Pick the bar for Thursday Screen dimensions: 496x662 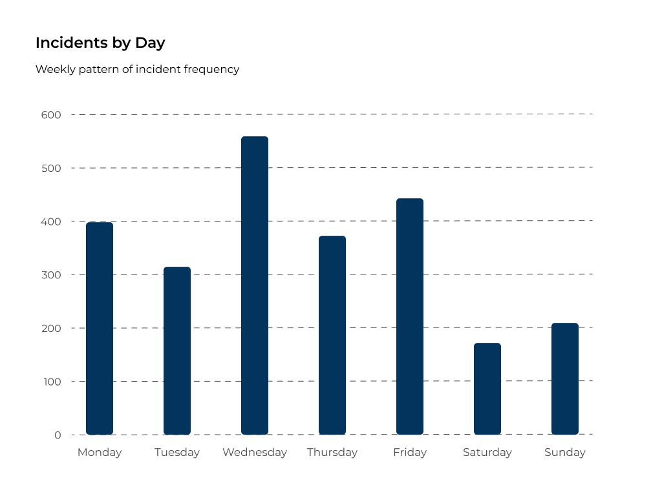coord(332,335)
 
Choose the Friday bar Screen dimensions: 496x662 coord(410,316)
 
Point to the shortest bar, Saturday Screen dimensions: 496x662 coord(487,389)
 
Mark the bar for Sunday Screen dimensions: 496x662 coord(565,378)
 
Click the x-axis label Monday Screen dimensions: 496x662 coord(100,452)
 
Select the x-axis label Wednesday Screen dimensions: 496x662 coord(255,452)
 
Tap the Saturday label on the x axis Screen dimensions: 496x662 coord(487,452)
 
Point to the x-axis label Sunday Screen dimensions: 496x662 coord(565,452)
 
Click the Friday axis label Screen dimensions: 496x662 coord(410,452)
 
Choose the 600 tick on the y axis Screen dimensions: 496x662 coord(52,115)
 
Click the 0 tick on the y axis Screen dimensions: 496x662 coord(58,435)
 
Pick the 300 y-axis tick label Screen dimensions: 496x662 coord(52,275)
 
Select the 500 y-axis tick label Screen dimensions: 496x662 coord(52,169)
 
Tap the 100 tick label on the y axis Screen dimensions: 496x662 coord(52,382)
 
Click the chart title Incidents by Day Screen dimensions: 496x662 coord(100,43)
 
